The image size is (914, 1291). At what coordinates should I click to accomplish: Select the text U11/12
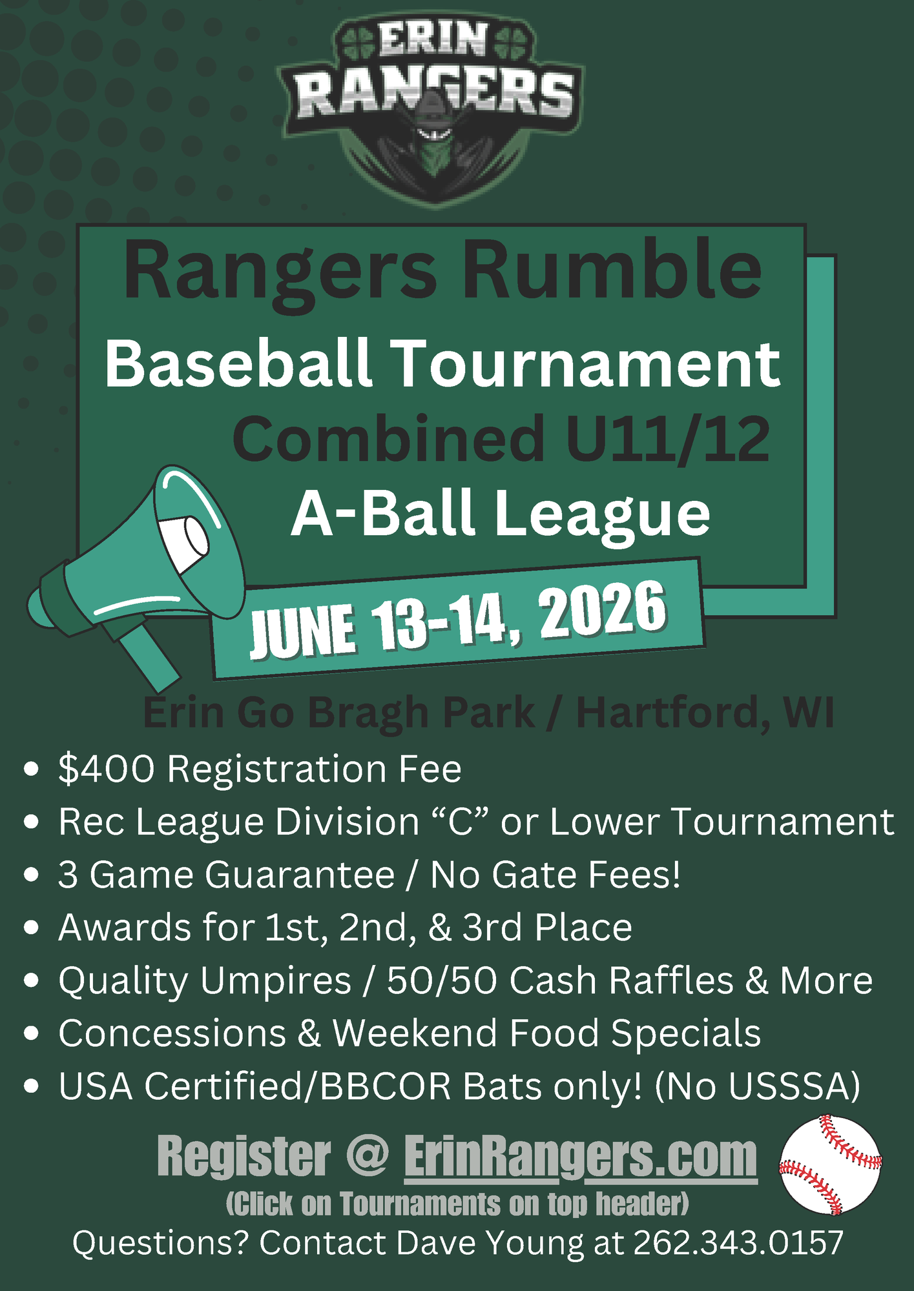point(668,440)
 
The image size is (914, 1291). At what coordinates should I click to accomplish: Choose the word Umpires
point(275,981)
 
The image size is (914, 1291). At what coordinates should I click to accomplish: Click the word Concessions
point(172,1033)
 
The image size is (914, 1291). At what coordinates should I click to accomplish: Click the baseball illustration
point(831,1164)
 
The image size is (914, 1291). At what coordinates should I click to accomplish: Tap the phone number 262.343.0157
point(738,1243)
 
